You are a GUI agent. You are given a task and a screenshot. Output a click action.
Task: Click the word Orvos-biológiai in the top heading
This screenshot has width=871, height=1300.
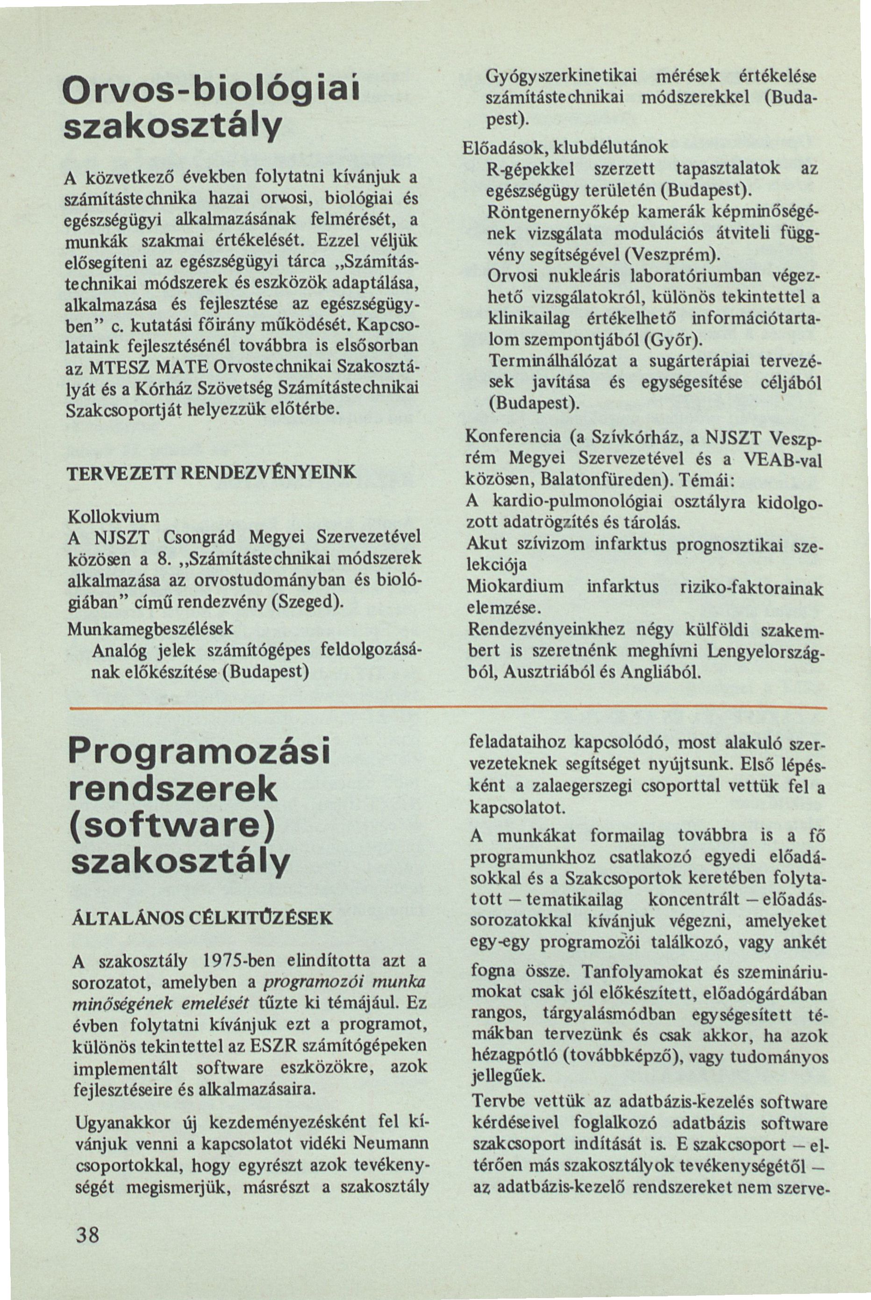(x=212, y=91)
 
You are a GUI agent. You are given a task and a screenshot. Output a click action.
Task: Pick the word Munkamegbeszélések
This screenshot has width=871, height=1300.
(x=150, y=628)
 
